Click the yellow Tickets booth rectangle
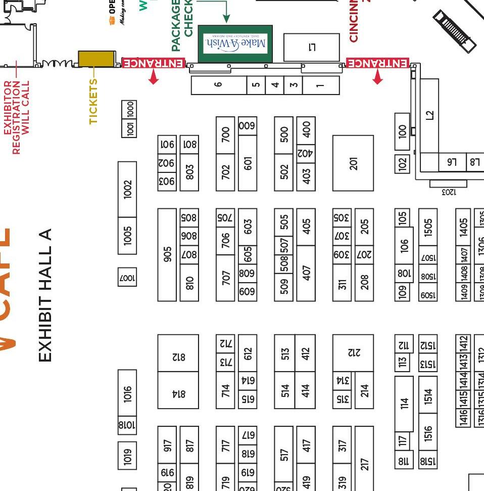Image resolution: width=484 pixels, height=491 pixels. [96, 59]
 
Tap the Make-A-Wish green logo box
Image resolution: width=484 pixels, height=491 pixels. [235, 44]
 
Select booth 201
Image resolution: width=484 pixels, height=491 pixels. [353, 163]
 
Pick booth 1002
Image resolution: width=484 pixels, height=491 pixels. [127, 190]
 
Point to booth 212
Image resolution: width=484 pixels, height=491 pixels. [353, 352]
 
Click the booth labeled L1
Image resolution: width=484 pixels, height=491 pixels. [312, 48]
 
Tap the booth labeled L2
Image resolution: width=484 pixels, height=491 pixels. [429, 116]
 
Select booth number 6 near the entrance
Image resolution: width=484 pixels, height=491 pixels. [218, 85]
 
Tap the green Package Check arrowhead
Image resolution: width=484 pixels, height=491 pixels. [226, 19]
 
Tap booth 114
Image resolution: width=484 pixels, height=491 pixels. [404, 404]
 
